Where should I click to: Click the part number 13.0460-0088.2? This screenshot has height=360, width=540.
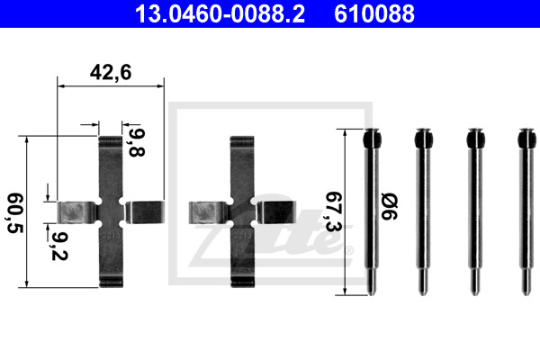[x=220, y=13]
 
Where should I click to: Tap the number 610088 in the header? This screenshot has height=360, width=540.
[x=374, y=13]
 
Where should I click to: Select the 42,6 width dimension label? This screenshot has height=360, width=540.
[x=111, y=73]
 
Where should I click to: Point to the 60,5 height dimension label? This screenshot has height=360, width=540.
[x=14, y=213]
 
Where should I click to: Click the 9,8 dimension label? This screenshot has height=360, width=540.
[x=137, y=142]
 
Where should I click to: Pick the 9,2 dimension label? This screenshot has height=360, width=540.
[x=59, y=246]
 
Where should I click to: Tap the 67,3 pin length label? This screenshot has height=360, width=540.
[x=333, y=211]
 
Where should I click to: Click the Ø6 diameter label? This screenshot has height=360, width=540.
[x=389, y=206]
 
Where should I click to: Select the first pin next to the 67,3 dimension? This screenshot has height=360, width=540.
[x=372, y=211]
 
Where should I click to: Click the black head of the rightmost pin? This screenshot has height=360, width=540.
[x=526, y=139]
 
